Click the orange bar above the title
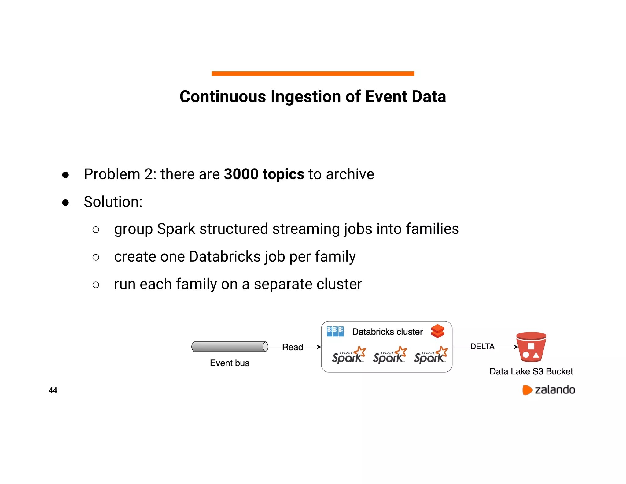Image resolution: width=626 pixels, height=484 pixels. (x=313, y=73)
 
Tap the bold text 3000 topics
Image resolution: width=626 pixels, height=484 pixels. (x=264, y=174)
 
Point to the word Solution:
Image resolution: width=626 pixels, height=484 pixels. (x=113, y=202)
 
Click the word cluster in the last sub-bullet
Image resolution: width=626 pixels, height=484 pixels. (x=339, y=284)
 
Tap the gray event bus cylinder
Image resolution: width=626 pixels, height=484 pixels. (x=230, y=347)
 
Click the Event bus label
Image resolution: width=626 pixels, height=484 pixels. (x=230, y=363)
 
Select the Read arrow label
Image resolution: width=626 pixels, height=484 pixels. (x=292, y=347)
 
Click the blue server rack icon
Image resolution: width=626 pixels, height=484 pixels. (x=335, y=331)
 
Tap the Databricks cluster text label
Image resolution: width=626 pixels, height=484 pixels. (x=387, y=332)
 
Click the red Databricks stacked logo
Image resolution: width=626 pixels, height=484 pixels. (x=437, y=331)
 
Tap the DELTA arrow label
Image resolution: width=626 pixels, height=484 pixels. (x=482, y=347)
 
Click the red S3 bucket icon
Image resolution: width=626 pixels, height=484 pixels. (x=531, y=347)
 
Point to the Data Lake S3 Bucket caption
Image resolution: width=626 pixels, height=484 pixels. (x=531, y=371)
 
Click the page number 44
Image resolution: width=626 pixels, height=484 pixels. (x=53, y=390)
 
